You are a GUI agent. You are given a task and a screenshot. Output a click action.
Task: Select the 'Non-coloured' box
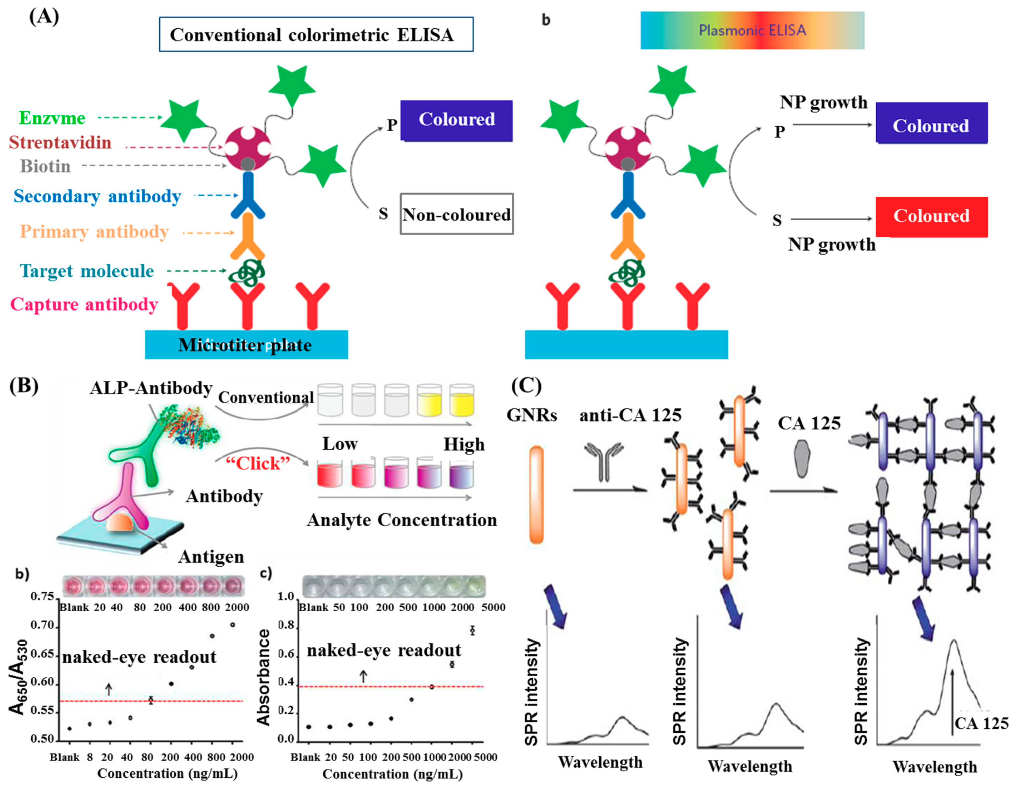tap(456, 214)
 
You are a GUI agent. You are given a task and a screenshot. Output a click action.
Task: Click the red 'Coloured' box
tap(931, 216)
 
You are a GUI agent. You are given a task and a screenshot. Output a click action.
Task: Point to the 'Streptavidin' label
tap(60, 142)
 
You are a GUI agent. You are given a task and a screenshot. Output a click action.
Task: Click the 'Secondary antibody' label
tap(97, 196)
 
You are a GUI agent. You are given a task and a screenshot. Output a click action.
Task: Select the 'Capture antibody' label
tap(84, 305)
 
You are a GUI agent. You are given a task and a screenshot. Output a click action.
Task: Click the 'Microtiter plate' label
tap(245, 345)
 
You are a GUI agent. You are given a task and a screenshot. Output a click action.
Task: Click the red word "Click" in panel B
tap(258, 463)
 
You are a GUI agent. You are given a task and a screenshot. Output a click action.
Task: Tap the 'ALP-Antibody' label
tap(151, 388)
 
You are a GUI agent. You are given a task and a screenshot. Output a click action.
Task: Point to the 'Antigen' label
tap(211, 556)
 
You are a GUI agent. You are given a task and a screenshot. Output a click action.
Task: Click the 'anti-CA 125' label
tap(630, 415)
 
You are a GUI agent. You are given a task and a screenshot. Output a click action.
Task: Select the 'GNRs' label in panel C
tap(531, 415)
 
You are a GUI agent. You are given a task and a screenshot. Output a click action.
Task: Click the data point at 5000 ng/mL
tap(473, 630)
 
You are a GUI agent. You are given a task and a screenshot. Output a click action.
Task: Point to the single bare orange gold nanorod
tap(536, 495)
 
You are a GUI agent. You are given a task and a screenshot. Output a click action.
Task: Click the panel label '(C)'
tap(526, 385)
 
